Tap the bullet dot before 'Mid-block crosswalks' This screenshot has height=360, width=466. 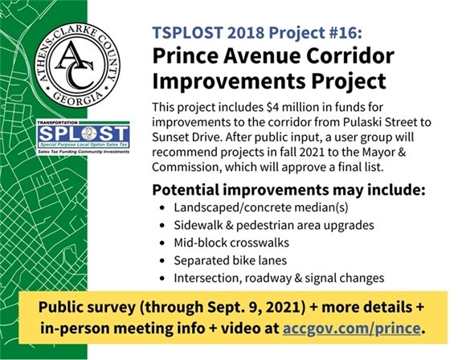click(x=164, y=243)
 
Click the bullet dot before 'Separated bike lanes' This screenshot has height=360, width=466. click(x=164, y=261)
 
